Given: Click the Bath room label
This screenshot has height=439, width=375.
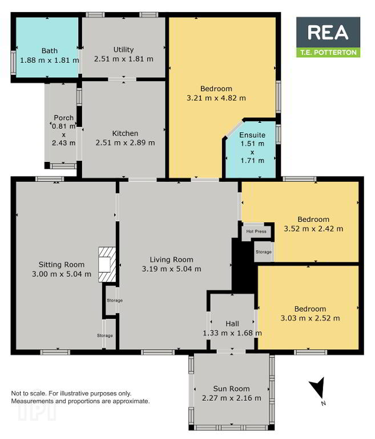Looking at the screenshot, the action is tap(50, 51).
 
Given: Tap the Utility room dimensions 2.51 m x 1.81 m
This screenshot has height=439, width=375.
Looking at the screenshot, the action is tap(124, 59).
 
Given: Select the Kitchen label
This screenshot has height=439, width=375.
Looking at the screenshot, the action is tap(125, 134).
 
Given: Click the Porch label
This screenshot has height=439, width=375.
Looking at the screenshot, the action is tap(64, 118).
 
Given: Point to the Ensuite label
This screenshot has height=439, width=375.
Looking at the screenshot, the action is tap(252, 135).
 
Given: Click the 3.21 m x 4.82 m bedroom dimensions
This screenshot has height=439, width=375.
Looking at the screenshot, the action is tap(216, 98).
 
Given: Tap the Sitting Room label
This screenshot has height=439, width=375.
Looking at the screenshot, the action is tap(62, 265).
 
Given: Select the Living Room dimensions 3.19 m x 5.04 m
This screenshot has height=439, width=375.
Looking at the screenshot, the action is tap(171, 269).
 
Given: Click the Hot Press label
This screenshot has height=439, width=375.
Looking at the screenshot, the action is tap(256, 232).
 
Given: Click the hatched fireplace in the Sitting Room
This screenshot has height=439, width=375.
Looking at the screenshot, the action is tap(107, 265).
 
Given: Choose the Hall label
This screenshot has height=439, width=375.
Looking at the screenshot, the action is tap(232, 324).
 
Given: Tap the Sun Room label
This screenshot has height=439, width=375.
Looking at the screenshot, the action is tap(231, 389).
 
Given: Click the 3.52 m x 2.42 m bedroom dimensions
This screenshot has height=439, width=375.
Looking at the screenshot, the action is tap(313, 229).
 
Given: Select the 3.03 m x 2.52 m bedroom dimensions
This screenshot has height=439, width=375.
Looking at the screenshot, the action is tap(310, 318).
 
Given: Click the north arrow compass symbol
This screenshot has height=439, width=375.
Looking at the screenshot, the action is tap(318, 389).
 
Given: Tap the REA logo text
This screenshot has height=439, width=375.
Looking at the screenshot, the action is tap(328, 32).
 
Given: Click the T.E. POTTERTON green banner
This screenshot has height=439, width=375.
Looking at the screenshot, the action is tap(328, 53).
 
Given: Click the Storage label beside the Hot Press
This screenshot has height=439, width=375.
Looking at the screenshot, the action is tap(264, 252).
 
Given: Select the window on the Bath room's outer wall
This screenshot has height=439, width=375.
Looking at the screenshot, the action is tap(13, 62).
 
